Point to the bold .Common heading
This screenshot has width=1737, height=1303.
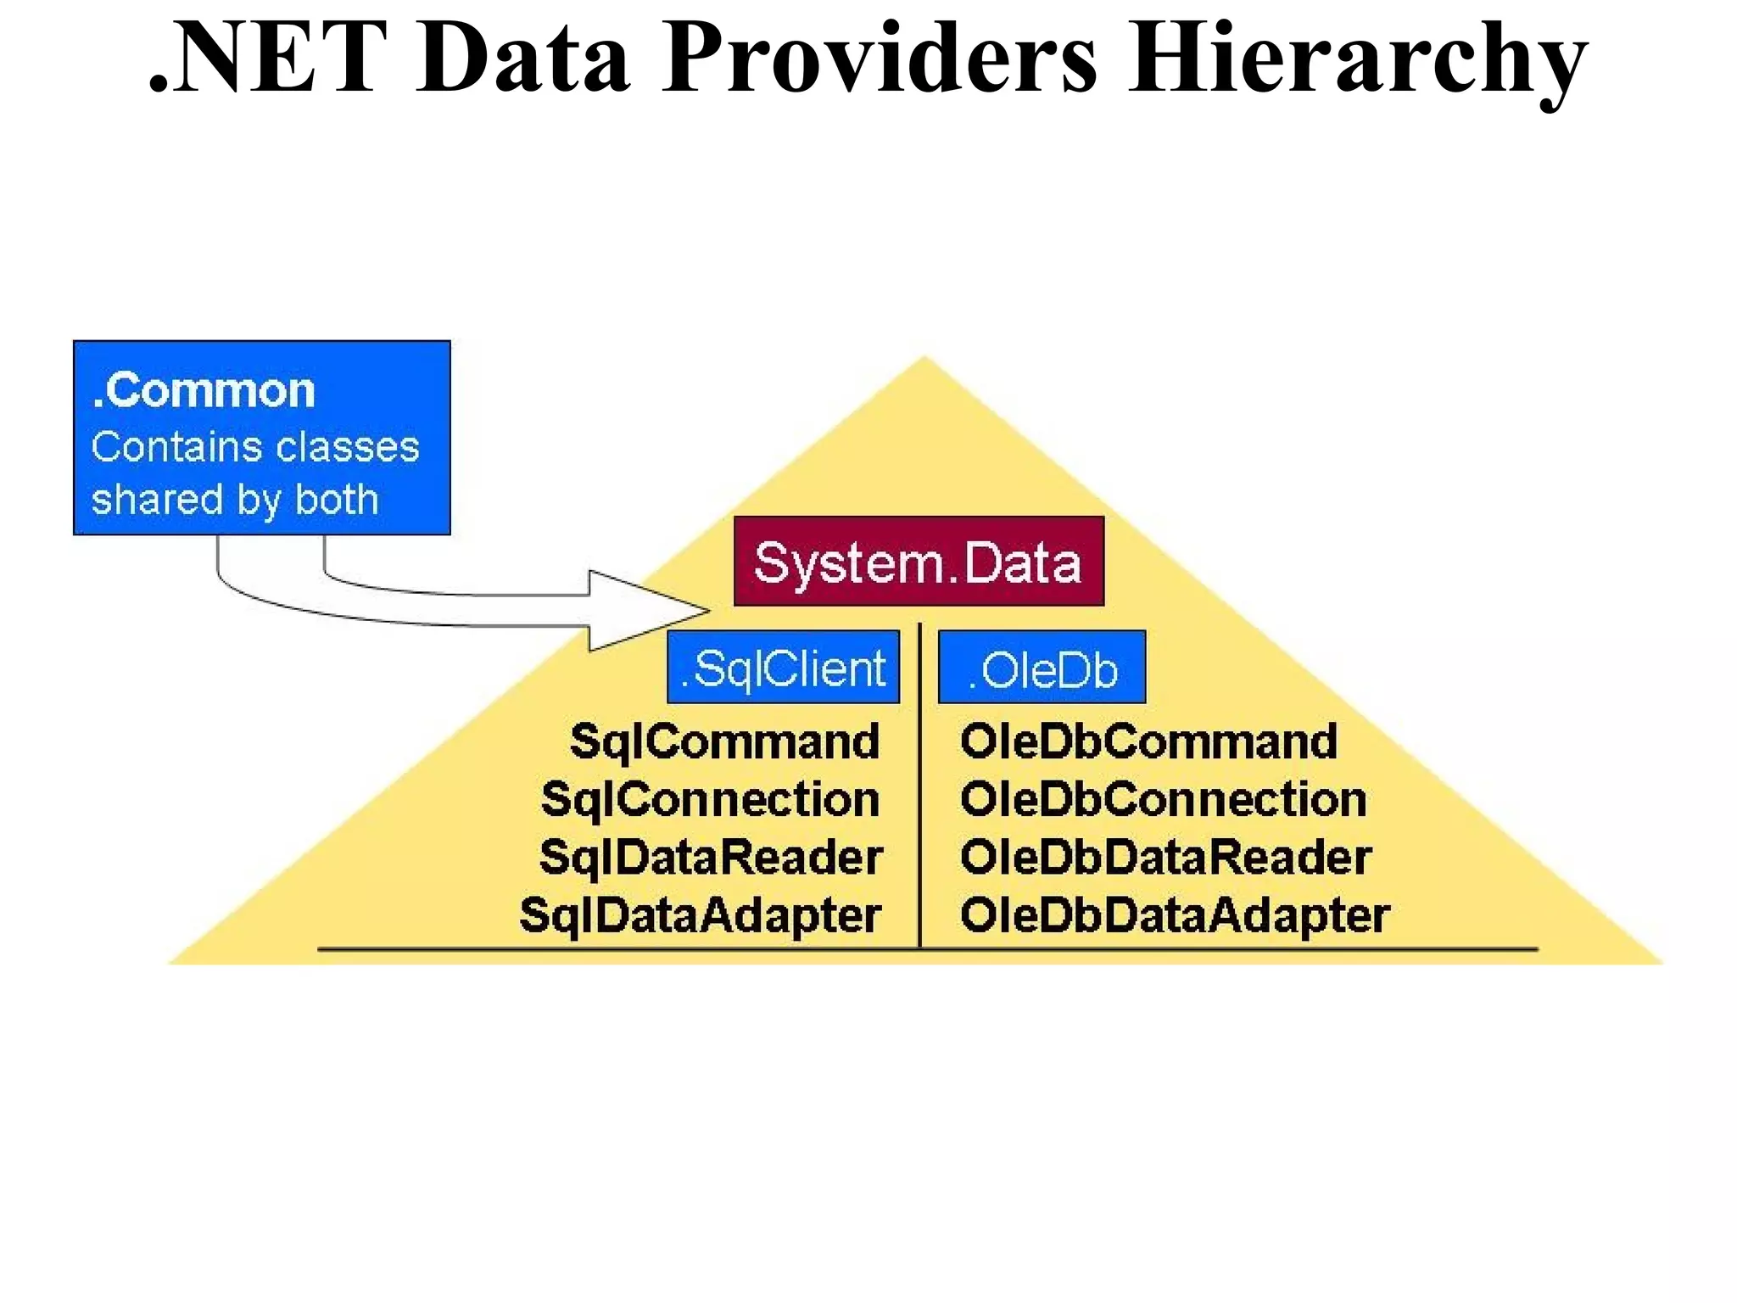[x=204, y=390]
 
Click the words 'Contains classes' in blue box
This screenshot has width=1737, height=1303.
[x=255, y=447]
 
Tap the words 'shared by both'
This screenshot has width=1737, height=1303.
[x=235, y=500]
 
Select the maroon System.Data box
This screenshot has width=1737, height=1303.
[x=919, y=562]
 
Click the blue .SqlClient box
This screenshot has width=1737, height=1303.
[x=783, y=668]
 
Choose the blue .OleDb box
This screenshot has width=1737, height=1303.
[x=1042, y=668]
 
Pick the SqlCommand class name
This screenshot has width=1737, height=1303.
[x=725, y=741]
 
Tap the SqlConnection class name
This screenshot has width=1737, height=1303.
[x=711, y=799]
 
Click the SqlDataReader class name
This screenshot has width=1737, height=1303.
[x=711, y=857]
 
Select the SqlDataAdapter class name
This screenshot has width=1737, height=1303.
[x=701, y=915]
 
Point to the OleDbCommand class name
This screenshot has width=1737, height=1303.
[x=1148, y=741]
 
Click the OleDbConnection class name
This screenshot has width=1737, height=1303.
[x=1163, y=799]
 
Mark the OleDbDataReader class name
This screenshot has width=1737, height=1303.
[x=1165, y=857]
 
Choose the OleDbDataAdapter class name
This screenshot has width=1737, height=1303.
[x=1175, y=915]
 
